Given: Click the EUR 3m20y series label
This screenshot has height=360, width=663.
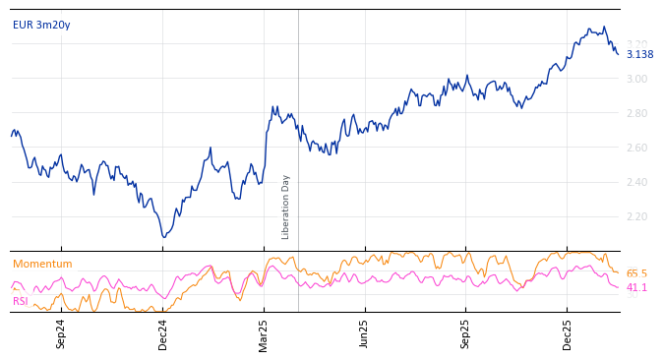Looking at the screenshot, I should click(41, 26).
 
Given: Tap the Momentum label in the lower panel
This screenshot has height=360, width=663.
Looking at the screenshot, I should click(42, 265).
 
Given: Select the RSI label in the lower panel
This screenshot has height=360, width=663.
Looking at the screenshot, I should click(21, 302).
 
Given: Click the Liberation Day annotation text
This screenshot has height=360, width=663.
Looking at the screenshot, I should click(286, 207).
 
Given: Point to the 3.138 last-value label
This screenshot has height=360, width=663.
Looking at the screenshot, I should click(639, 55).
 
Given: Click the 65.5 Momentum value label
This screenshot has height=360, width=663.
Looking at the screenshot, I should click(636, 274).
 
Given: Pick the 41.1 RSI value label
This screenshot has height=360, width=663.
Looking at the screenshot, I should click(636, 288).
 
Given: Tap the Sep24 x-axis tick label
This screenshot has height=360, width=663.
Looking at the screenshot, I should click(61, 333).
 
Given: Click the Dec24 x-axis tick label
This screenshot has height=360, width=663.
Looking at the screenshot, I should click(163, 333).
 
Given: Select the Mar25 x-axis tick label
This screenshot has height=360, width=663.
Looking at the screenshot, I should click(264, 333).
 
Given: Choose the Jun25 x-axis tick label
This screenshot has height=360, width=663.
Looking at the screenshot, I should click(364, 333).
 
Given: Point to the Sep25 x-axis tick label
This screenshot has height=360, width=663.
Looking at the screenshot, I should click(466, 333).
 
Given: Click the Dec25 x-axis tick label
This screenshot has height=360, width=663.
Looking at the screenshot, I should click(568, 333).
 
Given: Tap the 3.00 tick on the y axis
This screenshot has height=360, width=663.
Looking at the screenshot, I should click(636, 80).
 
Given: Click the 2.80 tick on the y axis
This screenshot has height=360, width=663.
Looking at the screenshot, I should click(636, 114).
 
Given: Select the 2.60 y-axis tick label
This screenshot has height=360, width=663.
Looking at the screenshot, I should click(636, 149).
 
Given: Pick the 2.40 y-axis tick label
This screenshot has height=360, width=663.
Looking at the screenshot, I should click(636, 183).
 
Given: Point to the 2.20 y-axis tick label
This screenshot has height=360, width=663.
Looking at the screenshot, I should click(636, 217).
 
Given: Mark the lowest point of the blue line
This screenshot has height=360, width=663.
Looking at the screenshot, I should click(164, 237).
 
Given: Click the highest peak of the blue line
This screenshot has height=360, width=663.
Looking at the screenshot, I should click(604, 27).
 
